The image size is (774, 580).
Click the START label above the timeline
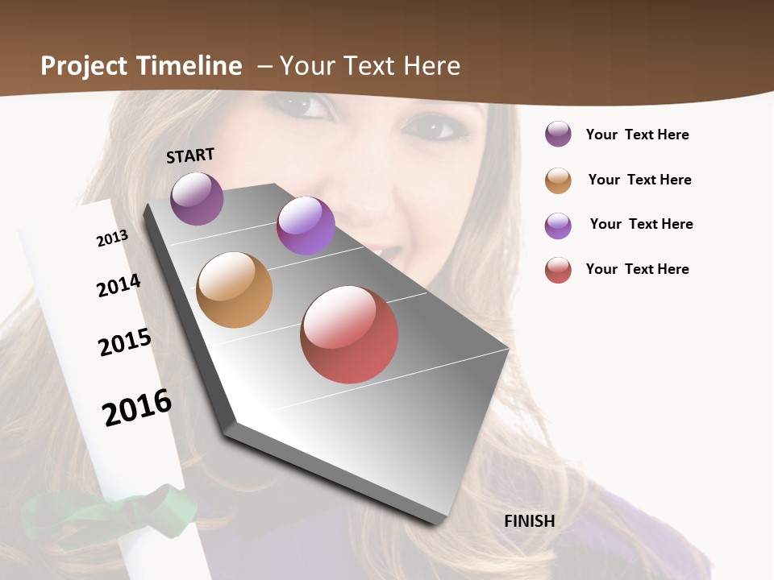190,155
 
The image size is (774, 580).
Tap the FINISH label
529,521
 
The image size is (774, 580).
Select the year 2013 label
112,238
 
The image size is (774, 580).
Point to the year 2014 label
119,285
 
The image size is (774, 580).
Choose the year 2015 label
125,342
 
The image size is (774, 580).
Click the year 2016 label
137,408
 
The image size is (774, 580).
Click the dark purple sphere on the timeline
197,198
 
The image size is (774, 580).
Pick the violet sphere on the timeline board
306,226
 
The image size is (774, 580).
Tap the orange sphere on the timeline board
234,290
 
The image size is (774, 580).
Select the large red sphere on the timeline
349,334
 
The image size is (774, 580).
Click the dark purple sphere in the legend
558,135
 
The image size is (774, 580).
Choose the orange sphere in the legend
558,180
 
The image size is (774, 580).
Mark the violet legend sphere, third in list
558,226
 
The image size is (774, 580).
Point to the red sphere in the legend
558,270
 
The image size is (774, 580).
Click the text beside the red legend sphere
637,269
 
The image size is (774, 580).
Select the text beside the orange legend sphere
639,180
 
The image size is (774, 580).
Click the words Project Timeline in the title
141,66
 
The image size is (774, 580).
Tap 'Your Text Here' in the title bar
370,66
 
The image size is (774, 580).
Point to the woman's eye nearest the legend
433,126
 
